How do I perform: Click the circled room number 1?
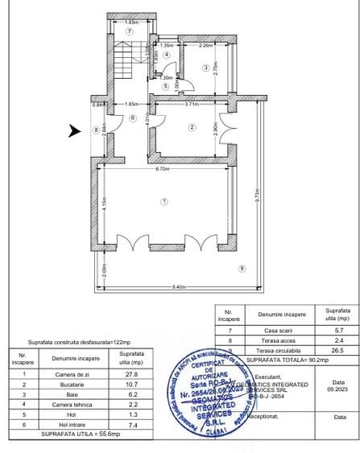pos(163,200)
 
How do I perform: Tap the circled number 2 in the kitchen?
pos(192,126)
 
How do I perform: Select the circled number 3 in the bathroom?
pos(205,68)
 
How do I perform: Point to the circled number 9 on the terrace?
pos(242,268)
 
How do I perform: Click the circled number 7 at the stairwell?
pos(129,31)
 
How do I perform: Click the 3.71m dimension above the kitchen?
pos(191,105)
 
